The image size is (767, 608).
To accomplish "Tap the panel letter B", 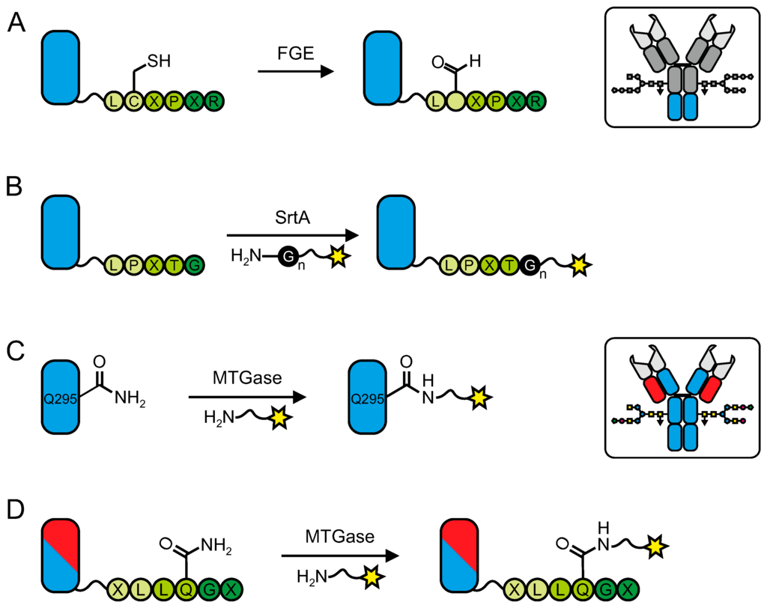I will [x=16, y=187].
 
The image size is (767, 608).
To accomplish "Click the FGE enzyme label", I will [x=294, y=54].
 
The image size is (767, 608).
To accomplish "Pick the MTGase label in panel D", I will [x=338, y=537].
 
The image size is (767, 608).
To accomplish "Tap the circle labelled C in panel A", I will [x=134, y=100].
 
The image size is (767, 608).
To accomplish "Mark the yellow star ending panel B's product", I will [x=579, y=263].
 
